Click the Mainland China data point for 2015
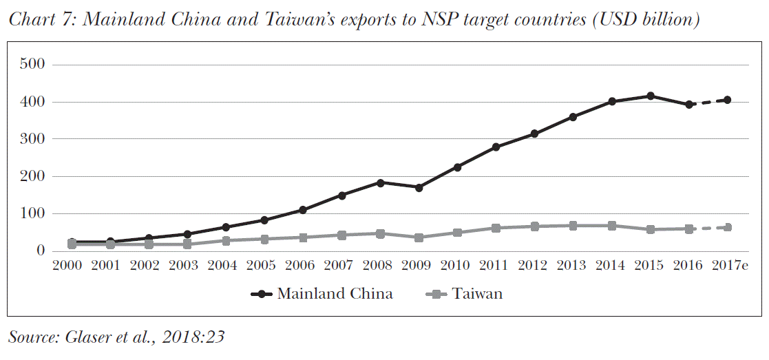click(x=650, y=96)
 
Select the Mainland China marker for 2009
click(x=419, y=187)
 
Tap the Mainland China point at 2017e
click(x=727, y=100)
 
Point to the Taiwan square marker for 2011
click(x=496, y=228)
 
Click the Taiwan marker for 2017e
click(x=727, y=227)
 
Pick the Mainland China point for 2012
click(x=534, y=134)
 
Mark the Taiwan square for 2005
click(x=264, y=239)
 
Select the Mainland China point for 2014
click(x=611, y=101)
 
